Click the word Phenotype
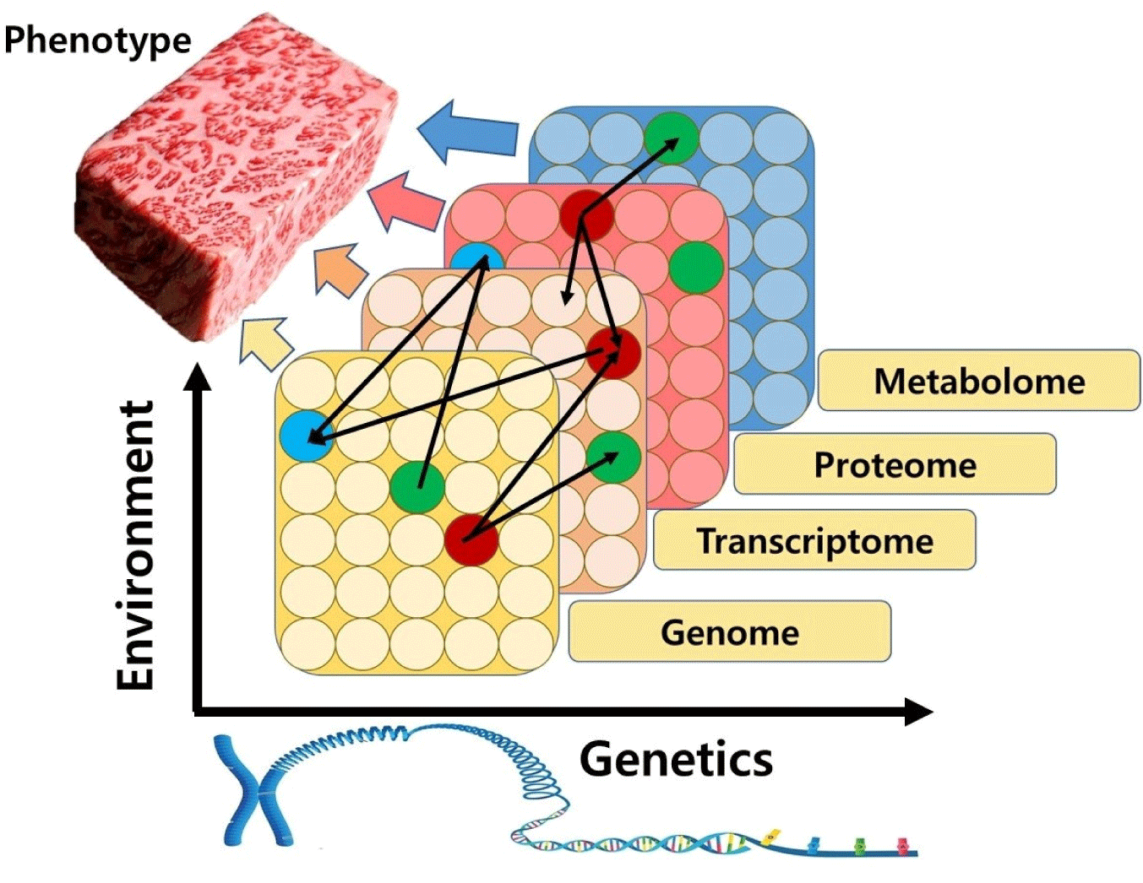97,40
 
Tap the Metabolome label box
978,381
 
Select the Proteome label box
895,464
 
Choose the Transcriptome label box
814,540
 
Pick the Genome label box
729,631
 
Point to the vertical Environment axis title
136,545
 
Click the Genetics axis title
676,758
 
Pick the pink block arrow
407,202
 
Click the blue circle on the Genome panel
307,436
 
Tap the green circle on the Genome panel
417,487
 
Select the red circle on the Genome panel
471,539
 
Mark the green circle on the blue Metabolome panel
672,138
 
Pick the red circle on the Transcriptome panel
613,353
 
